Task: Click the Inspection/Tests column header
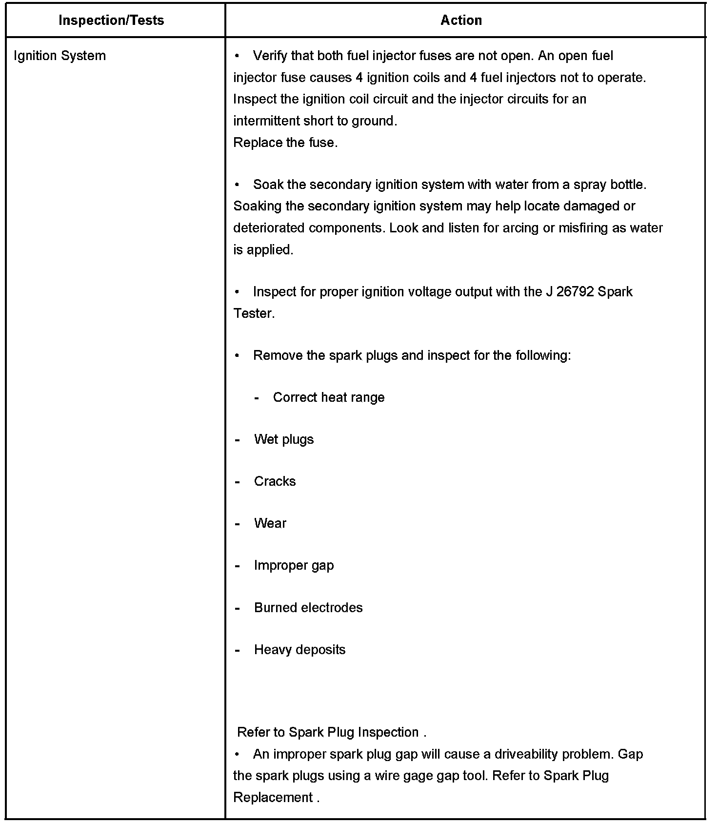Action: tap(111, 21)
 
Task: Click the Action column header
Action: tap(461, 21)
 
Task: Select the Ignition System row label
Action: tap(60, 56)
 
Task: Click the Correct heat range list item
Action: tap(328, 397)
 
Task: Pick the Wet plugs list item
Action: tap(283, 439)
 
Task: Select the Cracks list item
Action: tap(275, 481)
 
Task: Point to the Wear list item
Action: tap(270, 523)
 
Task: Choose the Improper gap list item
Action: tap(294, 565)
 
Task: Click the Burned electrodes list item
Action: tap(308, 607)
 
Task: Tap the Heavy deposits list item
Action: tap(299, 649)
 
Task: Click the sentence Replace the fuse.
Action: tap(285, 143)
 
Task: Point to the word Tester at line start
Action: tap(254, 313)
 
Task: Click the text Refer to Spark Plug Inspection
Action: tap(328, 732)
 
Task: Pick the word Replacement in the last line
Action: tap(273, 797)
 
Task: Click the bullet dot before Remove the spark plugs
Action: tap(237, 355)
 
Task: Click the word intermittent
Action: tap(266, 121)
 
